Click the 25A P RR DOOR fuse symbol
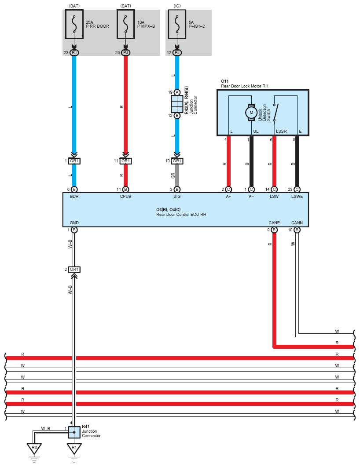[74, 24]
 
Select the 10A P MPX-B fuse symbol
[126, 24]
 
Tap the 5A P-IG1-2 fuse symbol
[177, 24]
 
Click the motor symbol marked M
[251, 113]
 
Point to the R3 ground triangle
[34, 448]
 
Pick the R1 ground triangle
[74, 448]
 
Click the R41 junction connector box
[74, 432]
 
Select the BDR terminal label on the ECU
[74, 197]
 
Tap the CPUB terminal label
[125, 197]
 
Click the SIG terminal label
[177, 197]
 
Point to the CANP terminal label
[274, 223]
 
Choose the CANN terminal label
[297, 223]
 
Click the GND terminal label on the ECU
[74, 223]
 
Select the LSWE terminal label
[297, 197]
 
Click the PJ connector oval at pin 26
[126, 53]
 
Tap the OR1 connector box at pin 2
[74, 270]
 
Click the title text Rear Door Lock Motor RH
[245, 86]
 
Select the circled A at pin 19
[177, 92]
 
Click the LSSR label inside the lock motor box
[281, 131]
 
